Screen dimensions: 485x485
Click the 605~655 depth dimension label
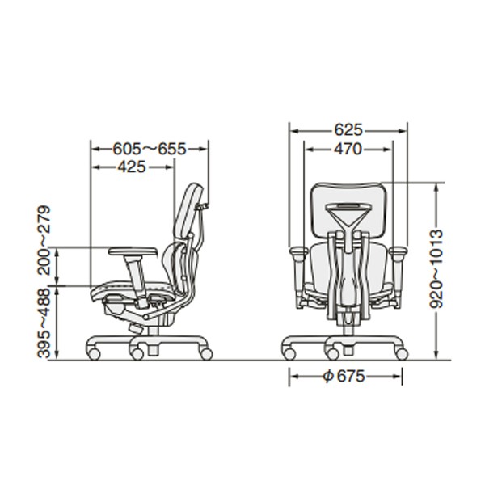coord(150,149)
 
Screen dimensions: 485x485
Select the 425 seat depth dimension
coord(132,167)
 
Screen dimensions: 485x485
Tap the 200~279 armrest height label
coord(44,240)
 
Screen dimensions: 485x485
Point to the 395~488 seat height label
coord(44,323)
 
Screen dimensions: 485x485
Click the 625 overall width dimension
coord(348,130)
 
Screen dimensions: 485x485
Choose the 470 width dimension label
coord(348,149)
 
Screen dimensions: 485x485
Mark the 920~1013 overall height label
coord(436,268)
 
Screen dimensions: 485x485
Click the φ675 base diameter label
coord(344,377)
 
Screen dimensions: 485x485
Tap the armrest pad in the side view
coord(133,251)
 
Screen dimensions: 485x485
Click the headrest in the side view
coord(188,212)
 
